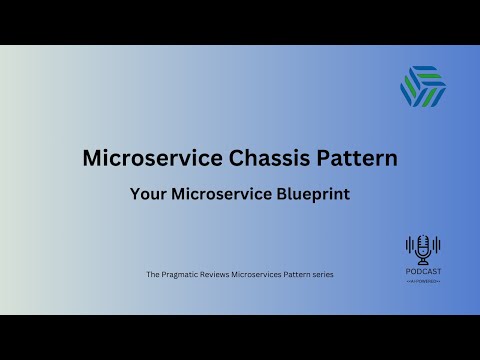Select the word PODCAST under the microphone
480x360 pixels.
click(423, 269)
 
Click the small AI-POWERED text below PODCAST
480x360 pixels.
click(423, 279)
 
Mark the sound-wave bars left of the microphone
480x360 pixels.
click(410, 245)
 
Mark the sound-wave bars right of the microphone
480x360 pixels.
click(436, 245)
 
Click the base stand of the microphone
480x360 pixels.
click(423, 259)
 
